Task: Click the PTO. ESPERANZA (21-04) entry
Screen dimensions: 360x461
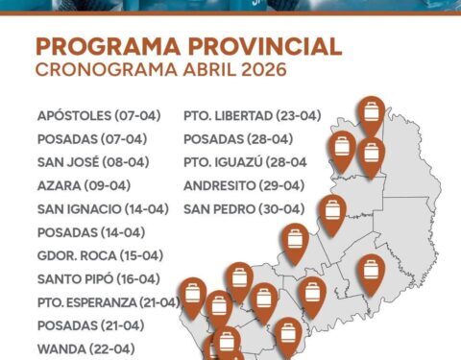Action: [x=109, y=302]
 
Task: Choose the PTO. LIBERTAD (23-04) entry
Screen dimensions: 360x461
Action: [x=252, y=115]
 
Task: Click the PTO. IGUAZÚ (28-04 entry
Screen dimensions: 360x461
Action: [x=246, y=162]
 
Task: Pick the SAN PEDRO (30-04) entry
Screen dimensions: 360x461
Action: [x=244, y=208]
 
